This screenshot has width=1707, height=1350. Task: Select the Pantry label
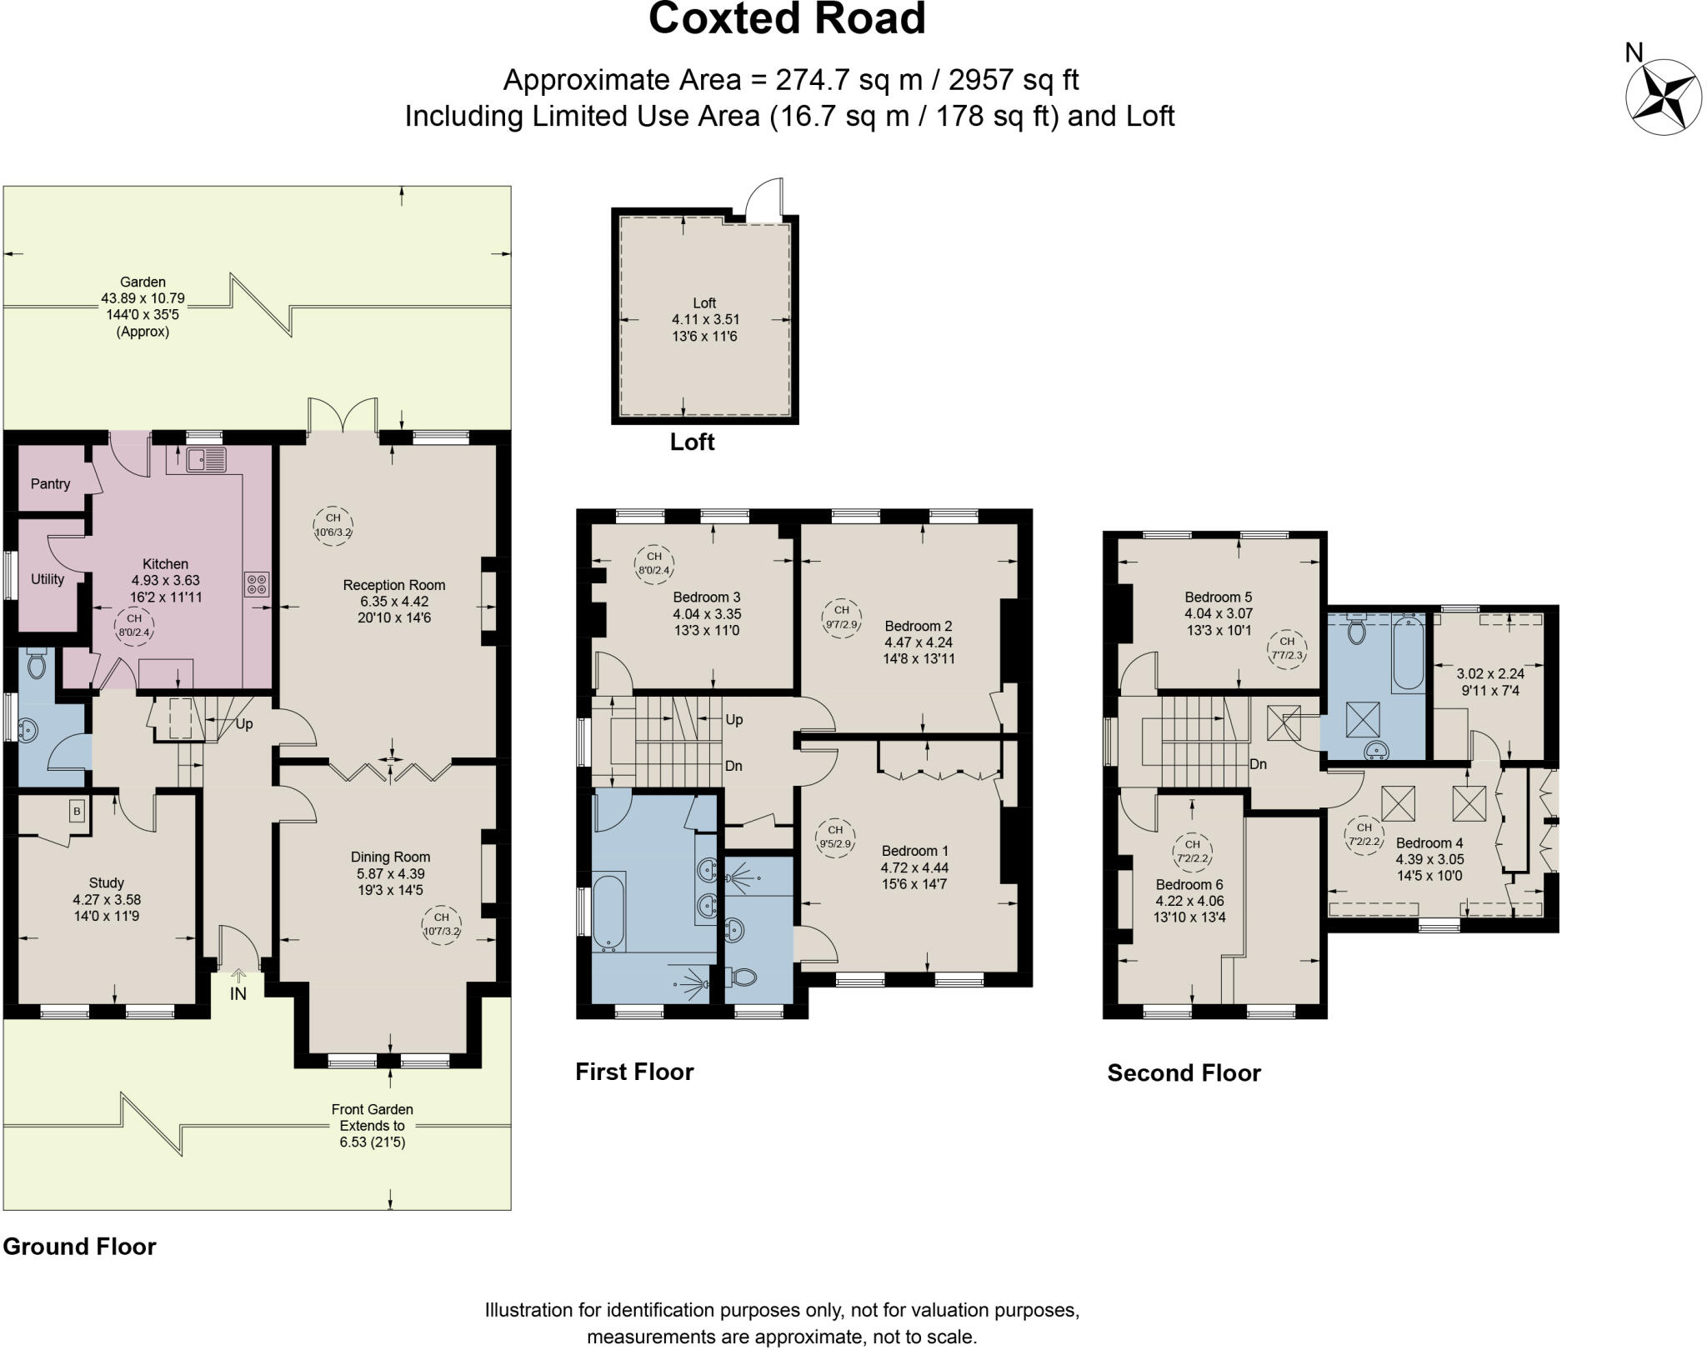tap(50, 483)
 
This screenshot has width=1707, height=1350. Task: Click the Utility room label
tap(48, 579)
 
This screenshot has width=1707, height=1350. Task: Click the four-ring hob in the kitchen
tap(257, 583)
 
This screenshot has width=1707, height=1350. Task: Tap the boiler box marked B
tap(77, 810)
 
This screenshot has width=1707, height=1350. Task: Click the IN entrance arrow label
tap(238, 993)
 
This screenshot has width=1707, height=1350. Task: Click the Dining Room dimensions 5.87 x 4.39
tap(390, 873)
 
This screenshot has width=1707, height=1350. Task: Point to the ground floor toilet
tap(36, 663)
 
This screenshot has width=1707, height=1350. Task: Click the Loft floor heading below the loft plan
tap(692, 442)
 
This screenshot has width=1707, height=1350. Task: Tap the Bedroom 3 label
tap(707, 597)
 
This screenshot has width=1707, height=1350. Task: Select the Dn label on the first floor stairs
tap(733, 766)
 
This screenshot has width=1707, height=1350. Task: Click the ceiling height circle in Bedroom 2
tap(841, 617)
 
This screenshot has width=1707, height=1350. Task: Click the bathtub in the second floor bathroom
tap(1408, 654)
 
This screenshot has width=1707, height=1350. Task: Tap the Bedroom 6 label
tap(1189, 884)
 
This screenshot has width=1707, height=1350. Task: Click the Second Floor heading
tap(1184, 1072)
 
